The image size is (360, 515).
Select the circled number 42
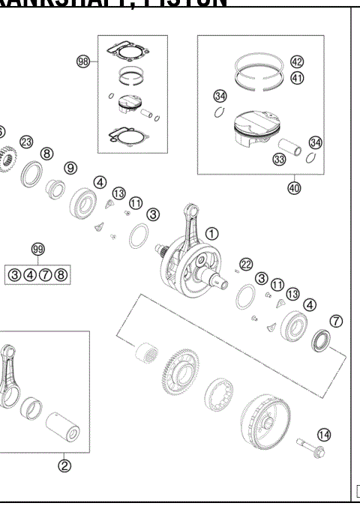pos(296,61)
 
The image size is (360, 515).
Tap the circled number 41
pos(296,78)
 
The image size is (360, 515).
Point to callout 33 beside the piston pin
pos(279,159)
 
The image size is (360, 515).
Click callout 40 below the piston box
pos(293,188)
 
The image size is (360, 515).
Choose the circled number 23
pos(26,142)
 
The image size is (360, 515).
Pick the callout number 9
pos(70,168)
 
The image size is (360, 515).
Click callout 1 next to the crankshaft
pos(212,234)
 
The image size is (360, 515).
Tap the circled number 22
pos(245,263)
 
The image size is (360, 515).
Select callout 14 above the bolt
pos(323,434)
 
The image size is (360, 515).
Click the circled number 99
pos(37,249)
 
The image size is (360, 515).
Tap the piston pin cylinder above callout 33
pos(289,144)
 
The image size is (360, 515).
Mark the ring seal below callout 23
pos(33,173)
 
